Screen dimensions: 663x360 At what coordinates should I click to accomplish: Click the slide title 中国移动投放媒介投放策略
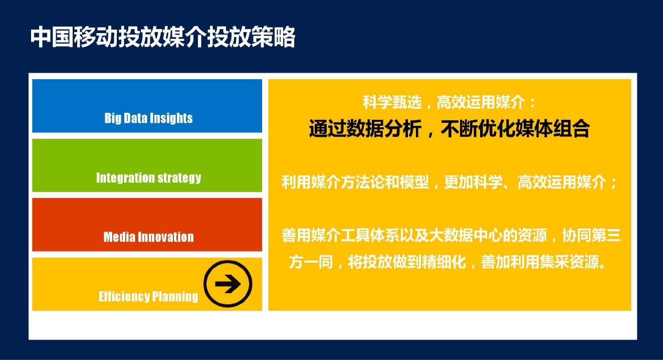coord(163,37)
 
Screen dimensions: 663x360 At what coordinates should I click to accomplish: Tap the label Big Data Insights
coord(148,118)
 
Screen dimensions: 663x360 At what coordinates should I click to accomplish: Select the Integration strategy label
coord(148,178)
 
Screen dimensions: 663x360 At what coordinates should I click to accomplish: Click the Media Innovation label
coord(148,237)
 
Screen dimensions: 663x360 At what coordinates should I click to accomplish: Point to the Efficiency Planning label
coord(148,297)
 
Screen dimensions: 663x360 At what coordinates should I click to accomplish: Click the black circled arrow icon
coord(228,284)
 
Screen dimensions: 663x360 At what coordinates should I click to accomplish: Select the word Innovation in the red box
coord(166,237)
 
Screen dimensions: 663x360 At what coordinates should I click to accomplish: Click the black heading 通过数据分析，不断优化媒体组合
coord(450,128)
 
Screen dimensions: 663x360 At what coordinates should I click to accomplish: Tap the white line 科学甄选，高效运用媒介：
coord(450,102)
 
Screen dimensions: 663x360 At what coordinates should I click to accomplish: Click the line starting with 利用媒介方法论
coord(450,182)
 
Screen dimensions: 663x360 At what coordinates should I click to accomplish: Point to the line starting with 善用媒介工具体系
coord(451,235)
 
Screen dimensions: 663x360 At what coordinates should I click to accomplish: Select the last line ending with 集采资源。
coord(448,262)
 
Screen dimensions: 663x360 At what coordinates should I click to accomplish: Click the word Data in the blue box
coord(135,118)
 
